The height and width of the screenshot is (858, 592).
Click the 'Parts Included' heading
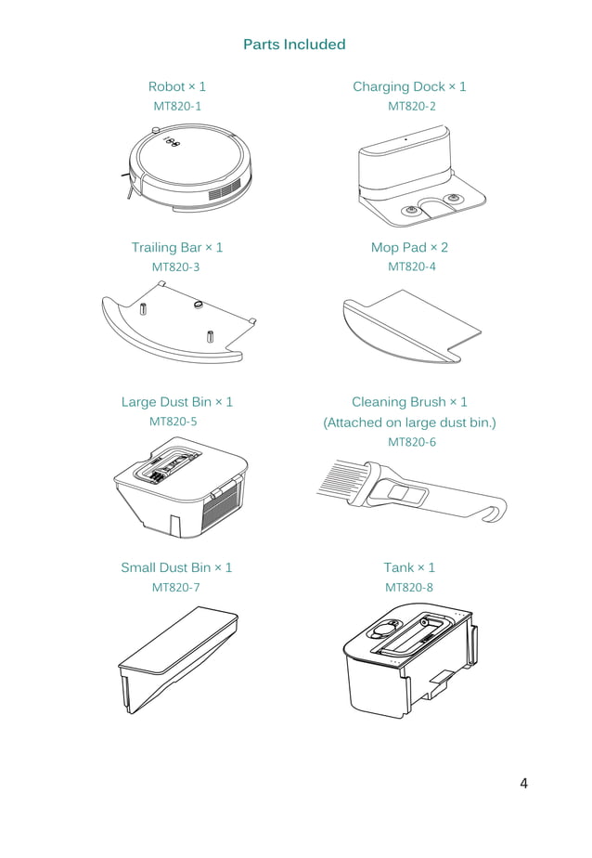[x=294, y=45]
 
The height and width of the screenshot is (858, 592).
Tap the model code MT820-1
[x=177, y=106]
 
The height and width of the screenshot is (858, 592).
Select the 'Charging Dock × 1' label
[x=409, y=86]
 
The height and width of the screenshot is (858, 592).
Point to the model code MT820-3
[x=175, y=267]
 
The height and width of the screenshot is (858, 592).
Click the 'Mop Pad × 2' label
[x=409, y=247]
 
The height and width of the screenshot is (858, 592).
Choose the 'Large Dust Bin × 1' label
[x=177, y=402]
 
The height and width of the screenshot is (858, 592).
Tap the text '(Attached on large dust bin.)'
[x=409, y=422]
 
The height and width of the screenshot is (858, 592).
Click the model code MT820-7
[x=175, y=588]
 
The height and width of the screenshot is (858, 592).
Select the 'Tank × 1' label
[x=409, y=567]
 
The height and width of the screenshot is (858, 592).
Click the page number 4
[x=523, y=784]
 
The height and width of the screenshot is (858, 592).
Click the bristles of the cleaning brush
[x=341, y=477]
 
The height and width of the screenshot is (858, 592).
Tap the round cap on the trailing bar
[x=199, y=303]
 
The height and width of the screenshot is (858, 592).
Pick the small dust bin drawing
[x=178, y=659]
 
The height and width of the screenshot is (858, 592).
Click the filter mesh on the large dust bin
[x=223, y=508]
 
